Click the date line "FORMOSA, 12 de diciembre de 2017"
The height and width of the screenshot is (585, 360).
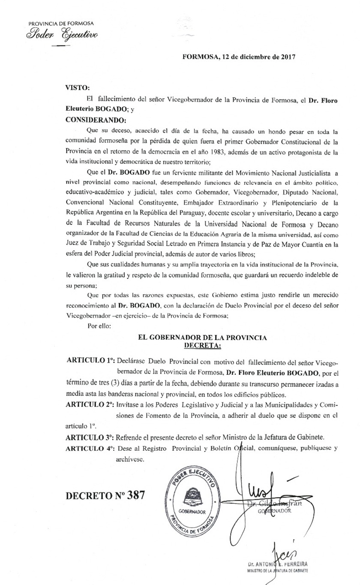pyautogui.click(x=239, y=56)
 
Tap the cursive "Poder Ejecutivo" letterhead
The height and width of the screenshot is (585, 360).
pyautogui.click(x=62, y=34)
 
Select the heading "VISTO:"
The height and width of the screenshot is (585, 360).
pyautogui.click(x=77, y=87)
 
